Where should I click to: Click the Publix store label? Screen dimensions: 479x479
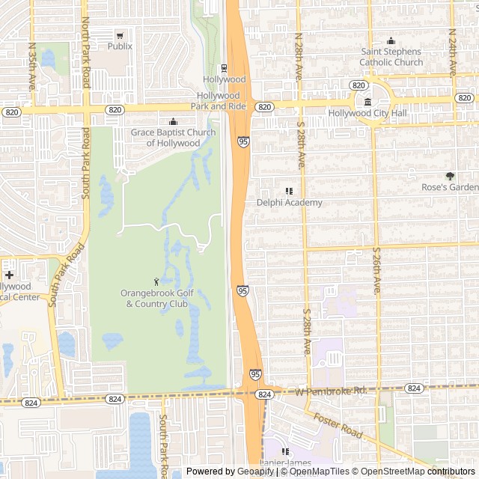(x=120, y=46)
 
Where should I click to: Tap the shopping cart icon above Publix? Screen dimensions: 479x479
(x=120, y=35)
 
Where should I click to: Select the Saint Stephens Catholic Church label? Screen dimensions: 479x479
(x=391, y=57)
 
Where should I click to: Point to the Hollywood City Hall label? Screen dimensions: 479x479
(x=367, y=113)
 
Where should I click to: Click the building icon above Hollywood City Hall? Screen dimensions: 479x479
(x=367, y=102)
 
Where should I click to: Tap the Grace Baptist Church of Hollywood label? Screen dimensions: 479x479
(x=173, y=138)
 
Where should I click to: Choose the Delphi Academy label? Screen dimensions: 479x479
(x=289, y=203)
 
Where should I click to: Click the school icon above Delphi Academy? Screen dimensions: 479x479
(x=289, y=192)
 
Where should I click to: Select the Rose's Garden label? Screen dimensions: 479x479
(x=449, y=187)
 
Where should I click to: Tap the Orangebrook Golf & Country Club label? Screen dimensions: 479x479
(x=157, y=298)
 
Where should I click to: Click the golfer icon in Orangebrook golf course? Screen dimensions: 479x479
(x=156, y=281)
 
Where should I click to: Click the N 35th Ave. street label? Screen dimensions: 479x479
(x=32, y=66)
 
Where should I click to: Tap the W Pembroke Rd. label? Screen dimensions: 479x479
(x=332, y=391)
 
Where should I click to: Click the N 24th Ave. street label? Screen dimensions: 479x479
(x=453, y=52)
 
